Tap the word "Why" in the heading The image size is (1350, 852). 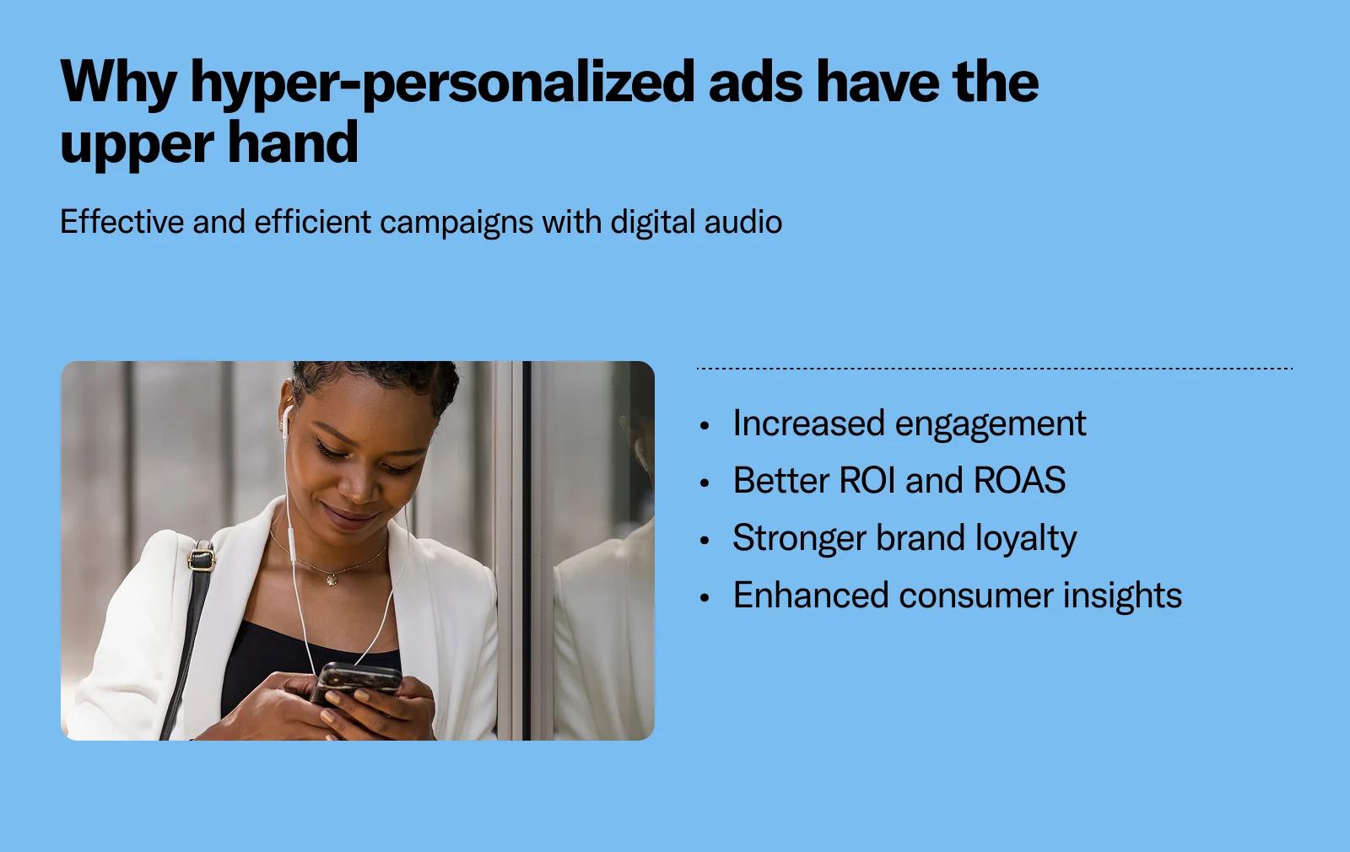[118, 83]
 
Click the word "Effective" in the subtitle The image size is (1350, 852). [121, 222]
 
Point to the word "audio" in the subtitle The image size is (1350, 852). [742, 222]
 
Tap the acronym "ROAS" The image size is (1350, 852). [1019, 481]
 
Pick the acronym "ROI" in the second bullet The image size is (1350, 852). [867, 481]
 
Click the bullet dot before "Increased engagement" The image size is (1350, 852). [705, 426]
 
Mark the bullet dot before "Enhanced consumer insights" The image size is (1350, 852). [705, 598]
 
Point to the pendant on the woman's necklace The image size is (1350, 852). [331, 580]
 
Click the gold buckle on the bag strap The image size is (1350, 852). [201, 558]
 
